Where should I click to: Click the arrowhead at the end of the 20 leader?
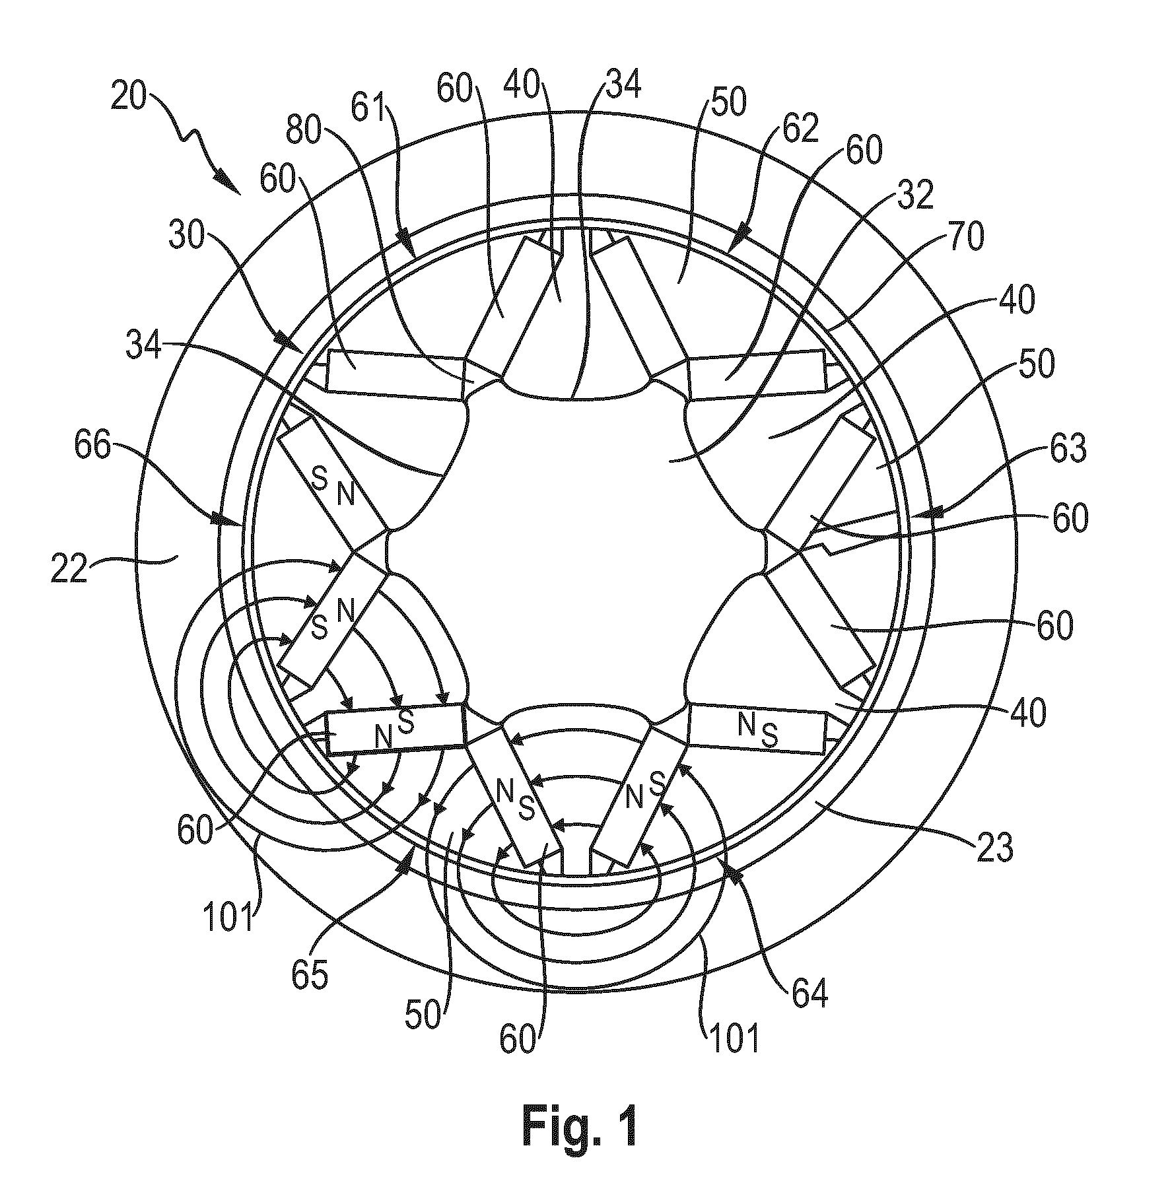pos(227,182)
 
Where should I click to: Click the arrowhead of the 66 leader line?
pos(224,520)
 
